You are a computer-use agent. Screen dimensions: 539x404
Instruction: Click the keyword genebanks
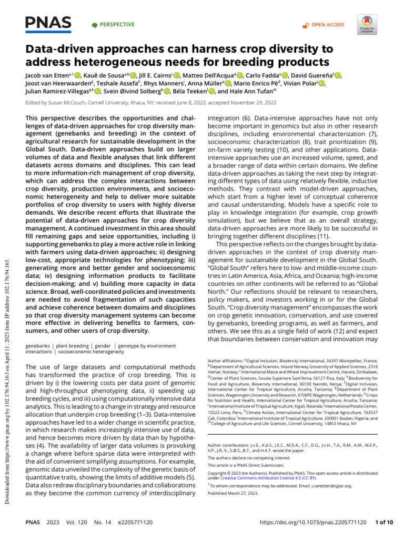(38, 346)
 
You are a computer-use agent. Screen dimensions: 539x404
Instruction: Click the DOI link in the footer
(311, 523)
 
